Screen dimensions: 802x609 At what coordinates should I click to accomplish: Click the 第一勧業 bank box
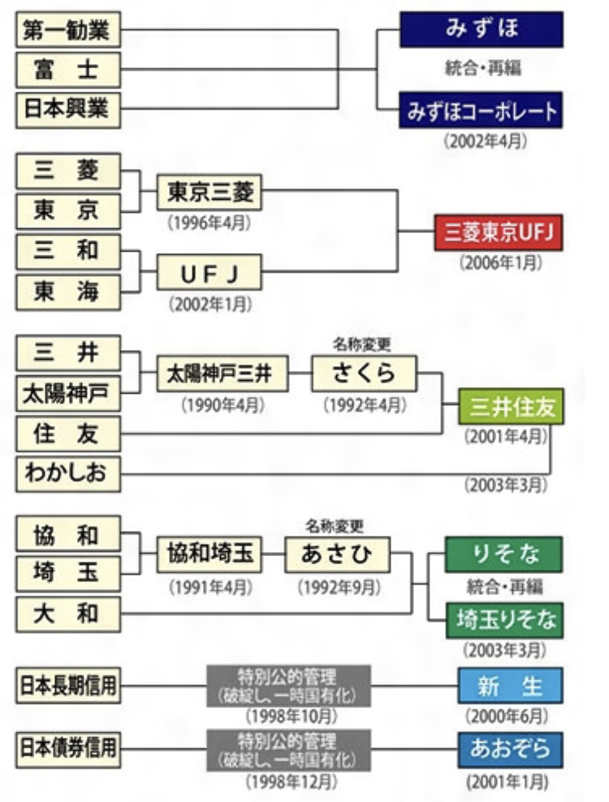[69, 31]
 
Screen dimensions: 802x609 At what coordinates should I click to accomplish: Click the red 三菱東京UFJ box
[498, 234]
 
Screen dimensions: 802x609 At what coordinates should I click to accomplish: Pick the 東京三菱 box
[209, 192]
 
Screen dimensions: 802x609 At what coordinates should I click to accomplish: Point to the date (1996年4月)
[209, 221]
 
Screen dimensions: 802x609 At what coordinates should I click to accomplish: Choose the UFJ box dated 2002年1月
[209, 273]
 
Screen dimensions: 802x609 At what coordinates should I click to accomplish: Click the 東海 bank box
[69, 291]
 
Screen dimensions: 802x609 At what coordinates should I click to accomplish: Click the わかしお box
[69, 472]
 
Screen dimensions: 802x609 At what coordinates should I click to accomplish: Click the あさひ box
[336, 555]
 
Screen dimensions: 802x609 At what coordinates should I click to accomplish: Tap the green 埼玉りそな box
[503, 620]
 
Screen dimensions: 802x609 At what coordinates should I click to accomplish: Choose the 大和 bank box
[69, 613]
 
